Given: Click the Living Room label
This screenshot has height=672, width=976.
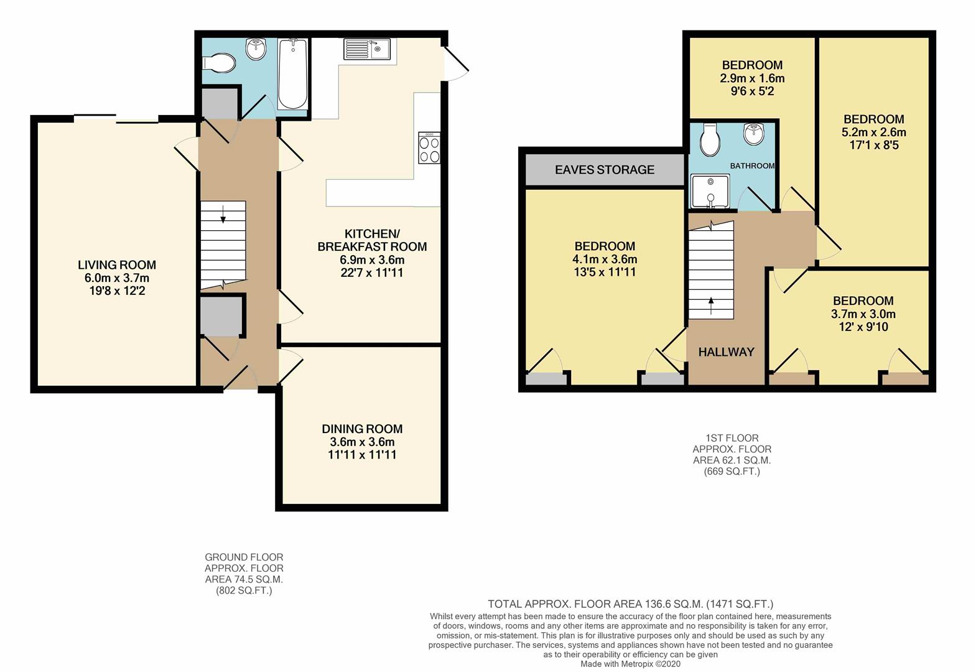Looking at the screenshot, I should point(116,264).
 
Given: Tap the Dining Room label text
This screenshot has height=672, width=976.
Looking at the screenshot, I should point(362,429).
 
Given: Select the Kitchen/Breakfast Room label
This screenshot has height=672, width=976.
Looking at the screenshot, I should point(372,240).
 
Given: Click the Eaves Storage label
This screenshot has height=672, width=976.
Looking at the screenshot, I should point(604,169).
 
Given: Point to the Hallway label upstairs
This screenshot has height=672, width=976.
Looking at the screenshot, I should point(726,352).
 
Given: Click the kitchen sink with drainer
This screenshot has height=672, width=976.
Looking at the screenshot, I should point(366,49).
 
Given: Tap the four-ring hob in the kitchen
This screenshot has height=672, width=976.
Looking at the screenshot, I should point(429,148).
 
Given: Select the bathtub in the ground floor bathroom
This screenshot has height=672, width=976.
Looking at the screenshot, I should point(292,74).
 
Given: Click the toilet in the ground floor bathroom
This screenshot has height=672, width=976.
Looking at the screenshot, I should point(220,63).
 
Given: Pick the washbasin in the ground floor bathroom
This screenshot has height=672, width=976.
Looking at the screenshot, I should point(256,49).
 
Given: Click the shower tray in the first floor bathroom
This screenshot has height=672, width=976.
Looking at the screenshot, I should point(710,192).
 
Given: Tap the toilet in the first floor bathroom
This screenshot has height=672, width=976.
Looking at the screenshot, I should point(709,139).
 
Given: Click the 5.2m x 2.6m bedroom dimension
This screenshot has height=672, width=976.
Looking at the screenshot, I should point(873,132).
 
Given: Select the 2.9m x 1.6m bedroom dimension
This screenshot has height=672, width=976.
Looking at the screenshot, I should point(752,78).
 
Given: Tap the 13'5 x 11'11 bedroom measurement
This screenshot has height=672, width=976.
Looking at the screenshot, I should point(604,272).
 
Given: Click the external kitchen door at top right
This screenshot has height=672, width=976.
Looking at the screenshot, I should point(456,64).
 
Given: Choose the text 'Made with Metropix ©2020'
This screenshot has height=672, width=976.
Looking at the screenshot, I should point(630,664).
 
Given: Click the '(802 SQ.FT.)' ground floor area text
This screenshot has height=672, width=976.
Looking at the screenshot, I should point(244,590).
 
